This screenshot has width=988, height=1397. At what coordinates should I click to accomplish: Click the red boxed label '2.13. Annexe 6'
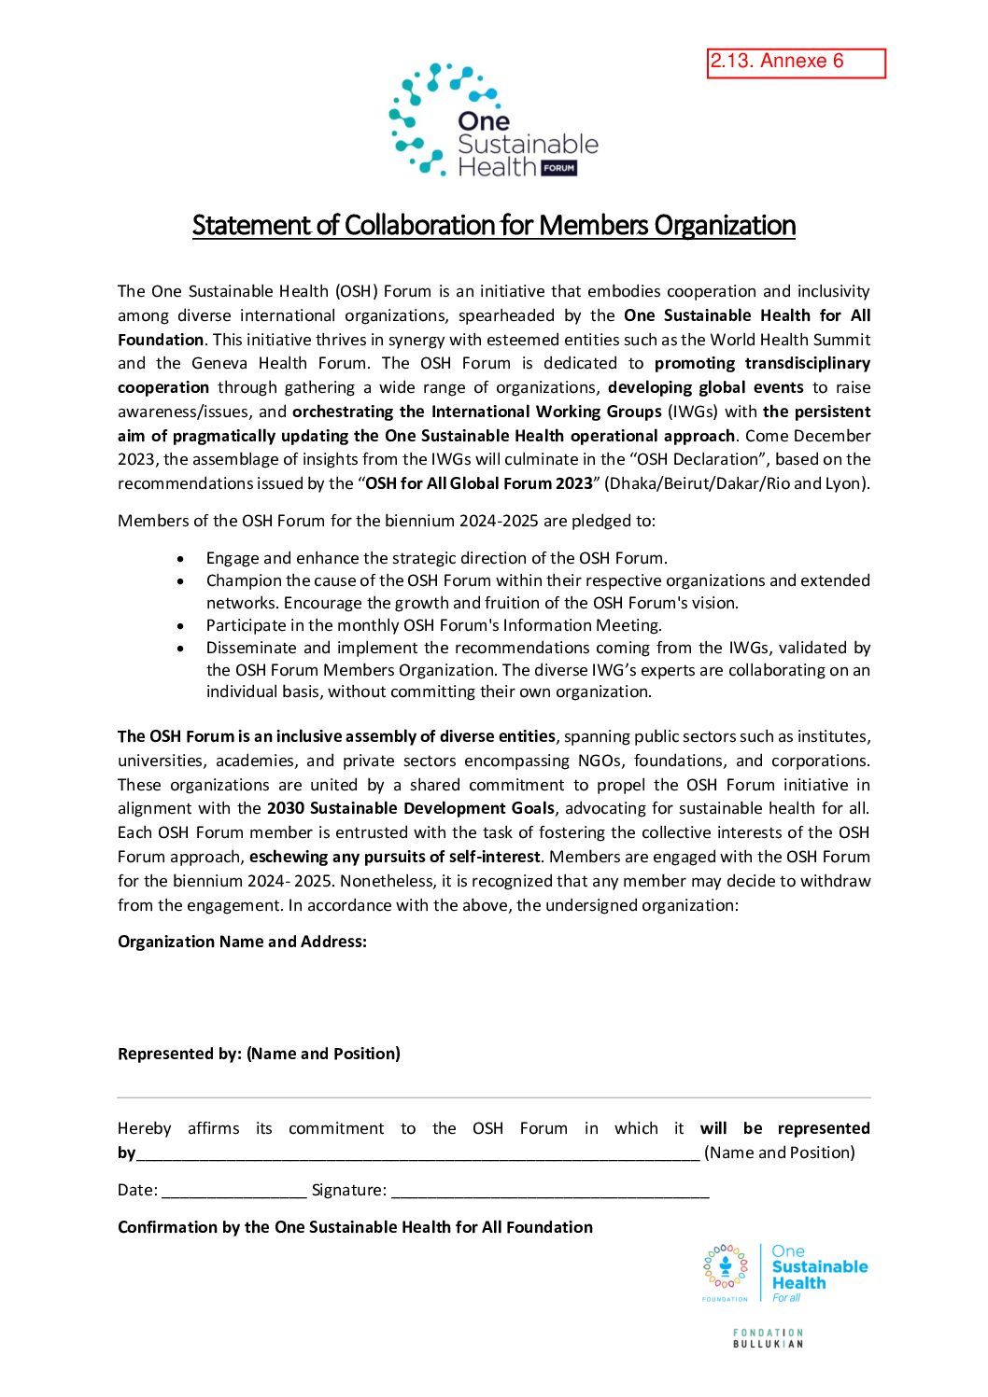click(796, 63)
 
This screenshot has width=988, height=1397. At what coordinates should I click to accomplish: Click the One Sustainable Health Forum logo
click(493, 120)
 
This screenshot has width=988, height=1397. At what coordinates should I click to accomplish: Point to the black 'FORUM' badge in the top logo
click(558, 168)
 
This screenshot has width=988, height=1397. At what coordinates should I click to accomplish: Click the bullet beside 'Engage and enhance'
click(180, 559)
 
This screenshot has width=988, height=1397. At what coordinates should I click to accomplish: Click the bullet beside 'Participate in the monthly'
click(180, 626)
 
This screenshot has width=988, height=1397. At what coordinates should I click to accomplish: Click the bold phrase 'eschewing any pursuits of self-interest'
click(394, 857)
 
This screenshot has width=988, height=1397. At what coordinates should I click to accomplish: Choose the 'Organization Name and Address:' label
click(242, 942)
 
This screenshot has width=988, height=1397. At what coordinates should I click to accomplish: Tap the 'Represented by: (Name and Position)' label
click(259, 1054)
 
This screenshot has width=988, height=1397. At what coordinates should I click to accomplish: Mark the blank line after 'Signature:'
click(550, 1194)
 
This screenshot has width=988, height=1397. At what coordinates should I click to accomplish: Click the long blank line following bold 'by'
click(417, 1156)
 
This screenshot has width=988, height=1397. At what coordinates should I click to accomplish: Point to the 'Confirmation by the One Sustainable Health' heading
click(355, 1227)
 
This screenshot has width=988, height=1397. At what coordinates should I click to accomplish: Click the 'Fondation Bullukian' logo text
click(768, 1338)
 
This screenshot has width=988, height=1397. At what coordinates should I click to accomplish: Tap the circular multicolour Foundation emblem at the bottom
click(726, 1267)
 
